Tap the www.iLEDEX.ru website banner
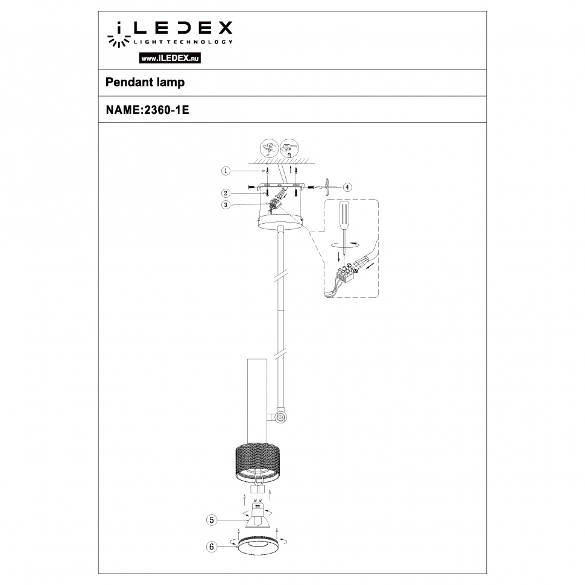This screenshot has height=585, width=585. [170, 58]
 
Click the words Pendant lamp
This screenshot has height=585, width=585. [145, 83]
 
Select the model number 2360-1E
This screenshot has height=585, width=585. [164, 110]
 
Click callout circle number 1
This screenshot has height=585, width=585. [225, 171]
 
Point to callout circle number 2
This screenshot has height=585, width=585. [225, 194]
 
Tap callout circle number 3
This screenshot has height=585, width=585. [225, 205]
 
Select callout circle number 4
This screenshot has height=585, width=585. [347, 187]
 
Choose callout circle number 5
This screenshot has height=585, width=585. [211, 519]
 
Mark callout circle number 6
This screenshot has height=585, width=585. [211, 547]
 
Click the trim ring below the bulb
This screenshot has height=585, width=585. [258, 547]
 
